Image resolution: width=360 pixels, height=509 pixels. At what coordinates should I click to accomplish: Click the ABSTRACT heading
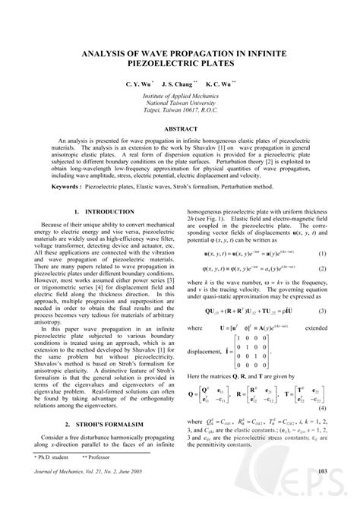[180, 130]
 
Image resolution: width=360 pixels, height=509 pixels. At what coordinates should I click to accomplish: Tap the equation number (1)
[322, 253]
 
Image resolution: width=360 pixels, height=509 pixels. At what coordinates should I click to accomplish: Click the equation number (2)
[322, 268]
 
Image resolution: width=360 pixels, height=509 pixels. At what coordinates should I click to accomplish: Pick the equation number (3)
[322, 312]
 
